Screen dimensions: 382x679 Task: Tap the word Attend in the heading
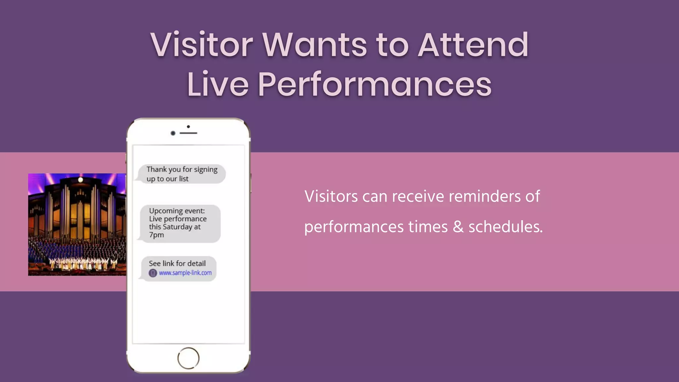(473, 45)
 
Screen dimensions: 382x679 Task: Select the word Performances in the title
(374, 85)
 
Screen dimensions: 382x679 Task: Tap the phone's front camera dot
(173, 133)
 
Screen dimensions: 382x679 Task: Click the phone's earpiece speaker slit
(188, 133)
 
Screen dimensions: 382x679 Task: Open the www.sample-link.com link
(185, 273)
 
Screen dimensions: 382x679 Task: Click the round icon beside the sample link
(153, 273)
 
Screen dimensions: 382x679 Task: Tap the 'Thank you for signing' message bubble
(182, 174)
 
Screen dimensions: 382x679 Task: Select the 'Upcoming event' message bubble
(180, 223)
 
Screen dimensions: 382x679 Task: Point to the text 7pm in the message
(156, 235)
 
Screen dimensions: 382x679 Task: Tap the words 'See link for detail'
(177, 263)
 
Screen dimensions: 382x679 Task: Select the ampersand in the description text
(458, 227)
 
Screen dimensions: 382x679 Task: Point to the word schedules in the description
(505, 227)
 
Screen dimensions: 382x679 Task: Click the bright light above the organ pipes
(80, 180)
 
